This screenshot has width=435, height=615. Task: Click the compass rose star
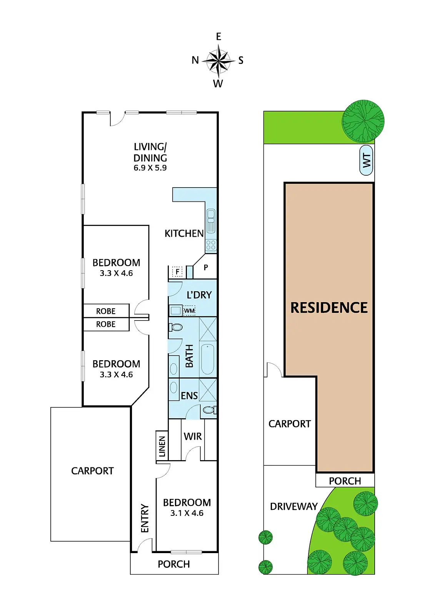(x=218, y=60)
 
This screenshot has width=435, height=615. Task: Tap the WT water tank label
(x=367, y=160)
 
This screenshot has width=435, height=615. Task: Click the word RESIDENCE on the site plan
(x=329, y=307)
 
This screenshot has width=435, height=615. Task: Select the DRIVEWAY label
(x=294, y=506)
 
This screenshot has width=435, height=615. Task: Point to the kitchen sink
(x=211, y=221)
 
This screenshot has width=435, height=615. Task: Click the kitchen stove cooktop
(x=211, y=245)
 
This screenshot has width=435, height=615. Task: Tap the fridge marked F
(x=177, y=272)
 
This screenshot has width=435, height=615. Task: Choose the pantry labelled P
(x=206, y=268)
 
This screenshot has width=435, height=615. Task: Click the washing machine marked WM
(x=189, y=311)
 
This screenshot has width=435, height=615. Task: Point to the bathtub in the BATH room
(x=208, y=359)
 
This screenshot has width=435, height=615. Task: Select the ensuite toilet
(x=208, y=410)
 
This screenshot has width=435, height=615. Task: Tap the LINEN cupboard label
(x=162, y=446)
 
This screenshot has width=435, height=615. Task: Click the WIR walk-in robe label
(x=193, y=436)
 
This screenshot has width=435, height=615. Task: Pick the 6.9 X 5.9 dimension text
(x=150, y=168)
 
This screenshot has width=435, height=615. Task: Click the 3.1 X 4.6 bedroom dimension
(x=187, y=513)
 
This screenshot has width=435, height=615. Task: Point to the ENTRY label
(x=145, y=518)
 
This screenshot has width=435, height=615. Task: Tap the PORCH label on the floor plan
(x=174, y=564)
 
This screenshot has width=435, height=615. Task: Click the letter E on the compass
(x=218, y=37)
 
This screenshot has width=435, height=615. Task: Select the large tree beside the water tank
(x=363, y=121)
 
